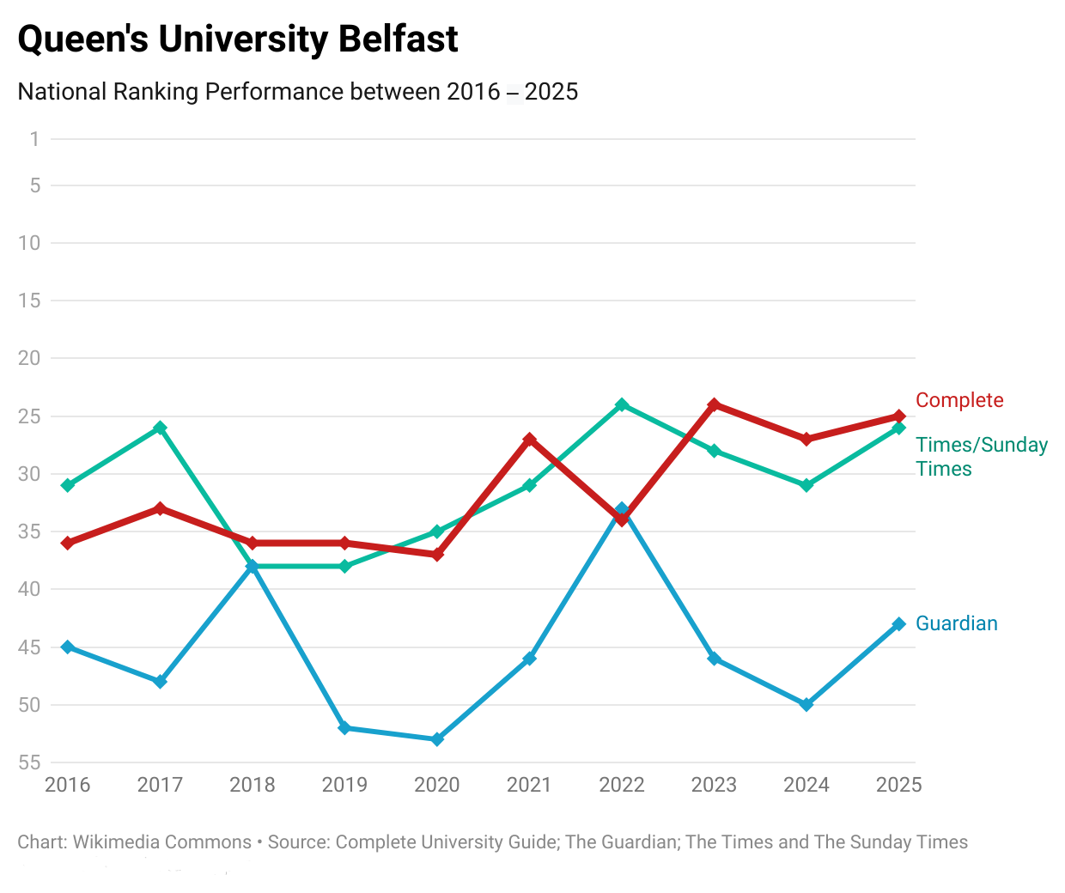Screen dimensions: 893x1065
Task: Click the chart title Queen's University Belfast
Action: pyautogui.click(x=238, y=39)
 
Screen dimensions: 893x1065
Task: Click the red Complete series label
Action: pyautogui.click(x=959, y=400)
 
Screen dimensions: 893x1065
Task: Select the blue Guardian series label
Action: pyautogui.click(x=957, y=623)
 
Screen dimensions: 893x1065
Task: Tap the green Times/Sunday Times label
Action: pyautogui.click(x=981, y=457)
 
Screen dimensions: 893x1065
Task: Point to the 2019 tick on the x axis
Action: pyautogui.click(x=344, y=785)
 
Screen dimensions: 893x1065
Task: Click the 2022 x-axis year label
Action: pyautogui.click(x=622, y=785)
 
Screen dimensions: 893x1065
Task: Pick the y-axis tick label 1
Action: pyautogui.click(x=34, y=139)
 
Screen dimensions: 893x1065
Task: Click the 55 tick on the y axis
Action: pyautogui.click(x=29, y=762)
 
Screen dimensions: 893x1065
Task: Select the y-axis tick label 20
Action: pyautogui.click(x=29, y=358)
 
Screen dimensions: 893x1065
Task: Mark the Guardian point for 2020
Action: pyautogui.click(x=437, y=739)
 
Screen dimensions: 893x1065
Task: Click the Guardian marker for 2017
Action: pyautogui.click(x=160, y=682)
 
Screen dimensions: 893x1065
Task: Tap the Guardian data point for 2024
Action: pyautogui.click(x=806, y=705)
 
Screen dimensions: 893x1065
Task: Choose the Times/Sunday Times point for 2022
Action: pyautogui.click(x=622, y=404)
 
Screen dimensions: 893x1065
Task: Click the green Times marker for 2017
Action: pyautogui.click(x=160, y=428)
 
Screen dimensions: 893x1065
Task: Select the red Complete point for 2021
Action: pyautogui.click(x=530, y=439)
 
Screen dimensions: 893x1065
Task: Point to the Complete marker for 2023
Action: pyautogui.click(x=714, y=404)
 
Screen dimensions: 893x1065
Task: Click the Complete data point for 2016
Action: pyautogui.click(x=68, y=544)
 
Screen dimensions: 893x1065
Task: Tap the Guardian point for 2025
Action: pyautogui.click(x=899, y=624)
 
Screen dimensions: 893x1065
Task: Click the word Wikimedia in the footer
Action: pyautogui.click(x=119, y=842)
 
